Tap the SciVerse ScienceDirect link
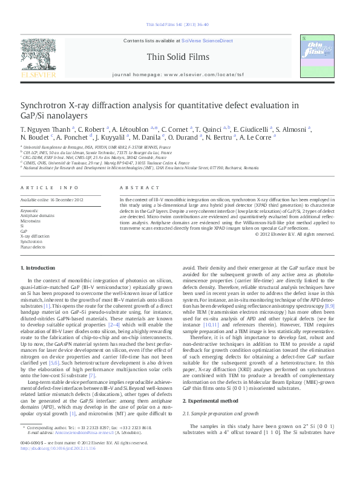pos(208,41)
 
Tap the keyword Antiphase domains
pos(37,215)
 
